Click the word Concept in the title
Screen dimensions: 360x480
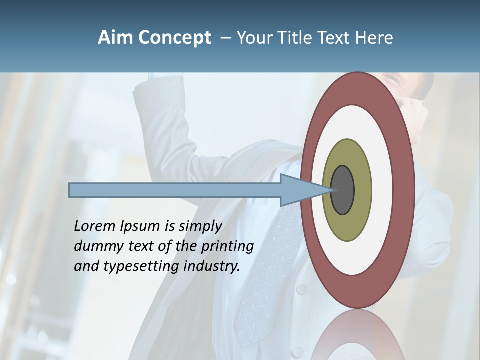click(174, 38)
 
